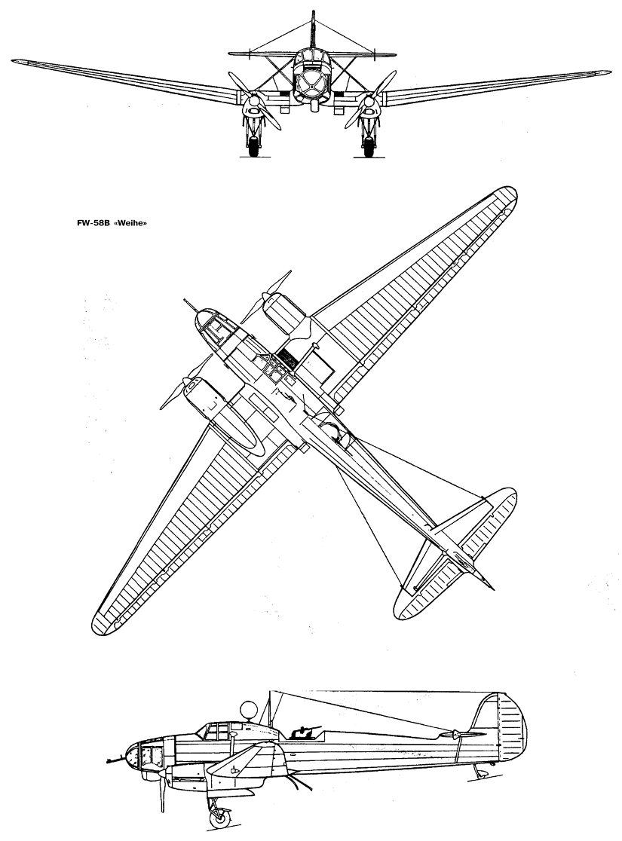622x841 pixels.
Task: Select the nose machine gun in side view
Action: pos(115,760)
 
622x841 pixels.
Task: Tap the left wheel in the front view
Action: pos(253,146)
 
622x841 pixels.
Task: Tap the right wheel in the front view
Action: pos(368,146)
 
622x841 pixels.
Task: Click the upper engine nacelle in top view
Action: pos(287,313)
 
